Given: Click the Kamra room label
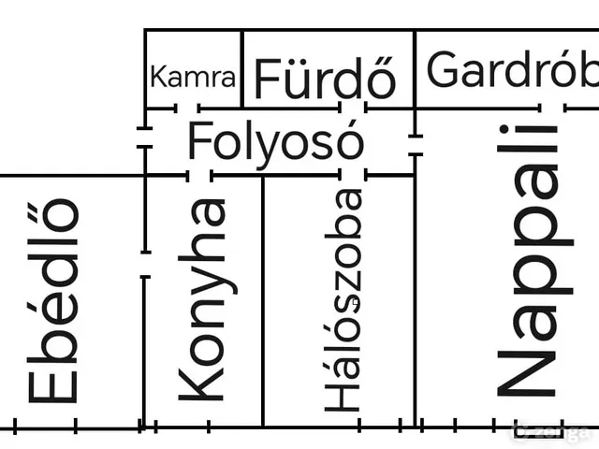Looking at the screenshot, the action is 193,77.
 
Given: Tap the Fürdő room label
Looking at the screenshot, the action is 325,78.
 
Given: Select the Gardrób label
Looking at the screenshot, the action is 513,69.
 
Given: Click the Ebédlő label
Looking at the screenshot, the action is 53,301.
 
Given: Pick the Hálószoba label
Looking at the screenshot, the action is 343,300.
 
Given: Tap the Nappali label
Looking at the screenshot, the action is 534,261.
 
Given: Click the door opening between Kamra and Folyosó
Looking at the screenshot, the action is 187,109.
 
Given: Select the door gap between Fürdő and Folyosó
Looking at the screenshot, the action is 353,109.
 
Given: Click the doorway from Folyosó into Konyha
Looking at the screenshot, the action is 199,176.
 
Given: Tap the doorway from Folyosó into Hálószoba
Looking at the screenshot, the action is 353,176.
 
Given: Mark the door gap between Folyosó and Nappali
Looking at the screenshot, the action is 416,145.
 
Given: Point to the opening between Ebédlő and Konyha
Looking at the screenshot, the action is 145,264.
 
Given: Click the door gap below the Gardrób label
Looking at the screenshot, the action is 553,109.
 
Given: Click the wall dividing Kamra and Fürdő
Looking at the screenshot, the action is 242,69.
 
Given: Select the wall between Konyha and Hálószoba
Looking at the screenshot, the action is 263,301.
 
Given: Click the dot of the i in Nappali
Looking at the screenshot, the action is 504,129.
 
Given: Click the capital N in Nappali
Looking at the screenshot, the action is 526,374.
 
